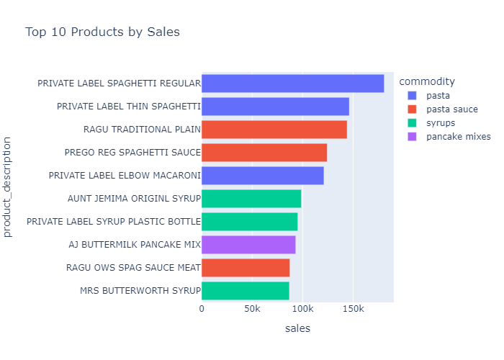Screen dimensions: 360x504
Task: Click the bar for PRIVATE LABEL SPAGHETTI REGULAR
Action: [x=292, y=84]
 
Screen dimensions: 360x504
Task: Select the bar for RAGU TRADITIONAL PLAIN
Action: [x=274, y=130]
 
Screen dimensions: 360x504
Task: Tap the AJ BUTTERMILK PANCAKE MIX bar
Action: [x=248, y=245]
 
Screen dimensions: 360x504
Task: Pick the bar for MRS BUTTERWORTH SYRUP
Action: [x=245, y=291]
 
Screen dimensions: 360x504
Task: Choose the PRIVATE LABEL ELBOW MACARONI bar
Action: [x=262, y=176]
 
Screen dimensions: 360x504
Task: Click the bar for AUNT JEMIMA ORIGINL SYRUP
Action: [x=251, y=199]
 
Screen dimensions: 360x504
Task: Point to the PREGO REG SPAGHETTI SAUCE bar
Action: [x=264, y=153]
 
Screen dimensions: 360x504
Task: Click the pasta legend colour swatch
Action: [x=412, y=95]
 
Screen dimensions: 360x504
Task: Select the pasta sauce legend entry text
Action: [x=451, y=109]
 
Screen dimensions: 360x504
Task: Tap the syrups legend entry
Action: [x=440, y=122]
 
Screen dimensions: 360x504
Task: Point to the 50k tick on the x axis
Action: [x=252, y=310]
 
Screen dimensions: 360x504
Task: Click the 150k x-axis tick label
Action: [x=353, y=310]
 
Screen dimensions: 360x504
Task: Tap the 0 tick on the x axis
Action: [x=202, y=310]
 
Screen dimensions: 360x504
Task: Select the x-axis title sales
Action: [x=297, y=328]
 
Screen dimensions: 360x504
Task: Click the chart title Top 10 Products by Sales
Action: [x=102, y=32]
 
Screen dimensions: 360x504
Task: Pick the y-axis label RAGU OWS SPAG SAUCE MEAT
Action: [x=132, y=268]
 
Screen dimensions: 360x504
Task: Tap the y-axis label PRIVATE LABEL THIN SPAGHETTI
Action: [x=127, y=107]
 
